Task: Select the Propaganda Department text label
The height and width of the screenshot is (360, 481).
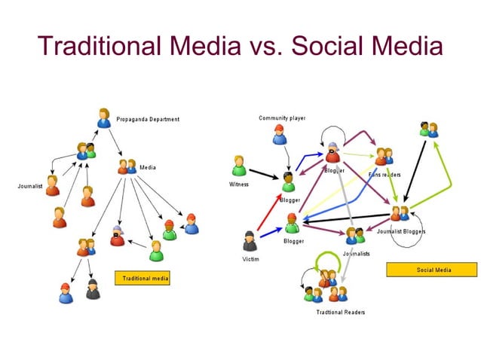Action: click(x=147, y=119)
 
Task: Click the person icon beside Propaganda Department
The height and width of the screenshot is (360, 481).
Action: click(x=104, y=117)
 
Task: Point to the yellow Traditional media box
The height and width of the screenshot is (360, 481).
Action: click(x=142, y=279)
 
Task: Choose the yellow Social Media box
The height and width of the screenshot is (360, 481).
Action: click(x=432, y=270)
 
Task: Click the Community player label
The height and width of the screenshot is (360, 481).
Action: click(x=282, y=118)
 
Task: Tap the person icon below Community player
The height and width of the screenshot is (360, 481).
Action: click(x=280, y=135)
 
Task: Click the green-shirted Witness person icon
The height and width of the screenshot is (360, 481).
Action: click(x=239, y=166)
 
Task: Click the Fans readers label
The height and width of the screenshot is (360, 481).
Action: click(x=384, y=175)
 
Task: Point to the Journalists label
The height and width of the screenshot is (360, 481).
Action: click(x=357, y=254)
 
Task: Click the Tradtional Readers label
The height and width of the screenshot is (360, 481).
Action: click(x=341, y=312)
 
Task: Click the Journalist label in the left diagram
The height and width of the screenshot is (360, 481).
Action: click(x=30, y=185)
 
